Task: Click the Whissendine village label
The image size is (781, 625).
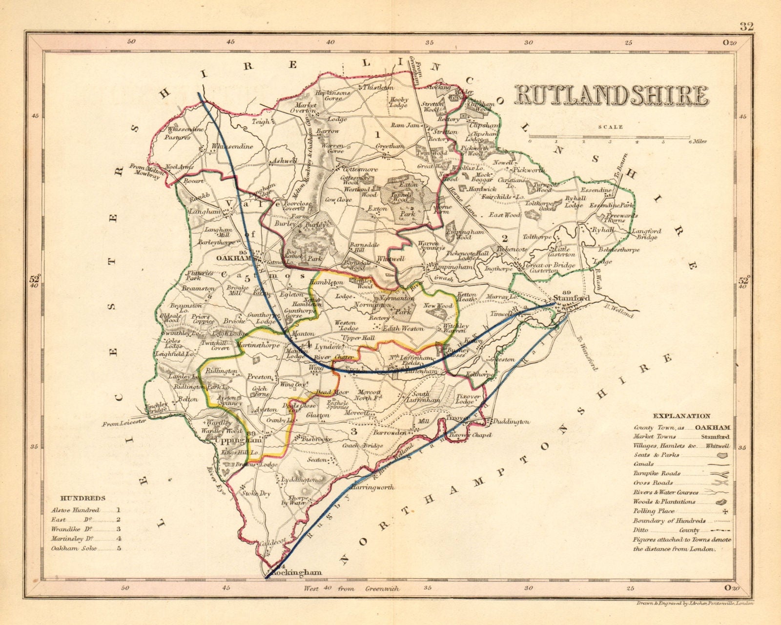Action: click(232, 146)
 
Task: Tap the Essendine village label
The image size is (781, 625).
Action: click(596, 190)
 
